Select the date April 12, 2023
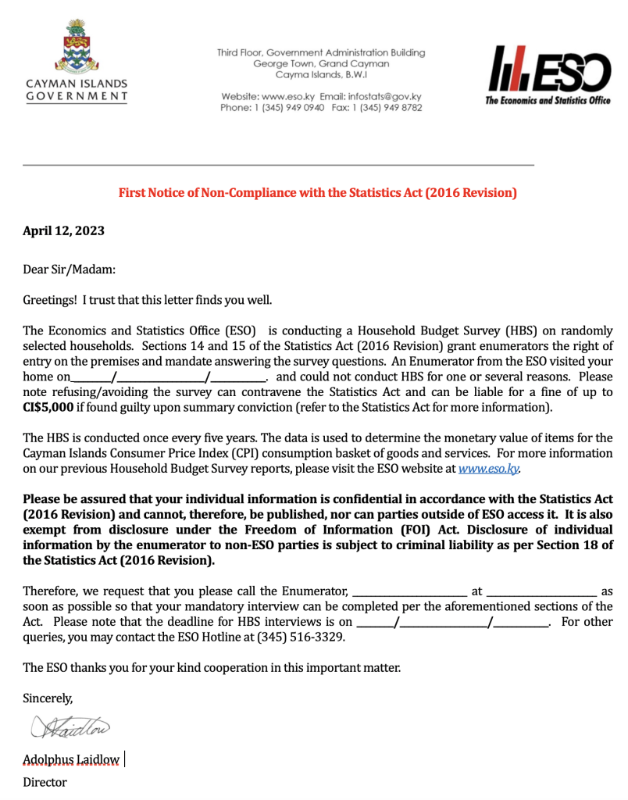pyautogui.click(x=63, y=230)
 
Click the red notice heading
pyautogui.click(x=317, y=192)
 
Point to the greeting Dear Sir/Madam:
pyautogui.click(x=69, y=270)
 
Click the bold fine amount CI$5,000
pyautogui.click(x=48, y=407)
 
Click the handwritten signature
pyautogui.click(x=70, y=727)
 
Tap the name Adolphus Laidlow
pyautogui.click(x=71, y=759)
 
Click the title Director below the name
pyautogui.click(x=45, y=782)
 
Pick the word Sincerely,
pyautogui.click(x=48, y=698)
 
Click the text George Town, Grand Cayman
pyautogui.click(x=321, y=64)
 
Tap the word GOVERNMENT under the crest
pyautogui.click(x=77, y=96)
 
